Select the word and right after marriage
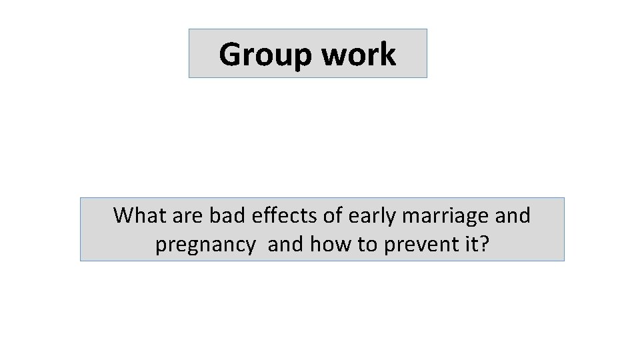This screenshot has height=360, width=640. point(513,215)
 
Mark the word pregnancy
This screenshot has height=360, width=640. point(205,246)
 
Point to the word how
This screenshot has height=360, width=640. point(331,245)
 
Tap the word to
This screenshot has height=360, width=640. point(368,245)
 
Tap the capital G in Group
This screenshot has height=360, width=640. point(231,55)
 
